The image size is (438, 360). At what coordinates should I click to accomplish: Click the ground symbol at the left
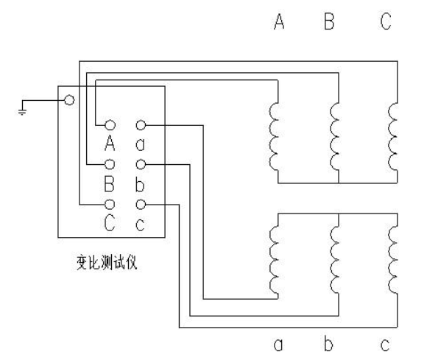(22, 112)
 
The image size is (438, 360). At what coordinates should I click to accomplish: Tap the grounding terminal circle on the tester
(69, 100)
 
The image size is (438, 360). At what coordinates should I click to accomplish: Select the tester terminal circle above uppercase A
(110, 125)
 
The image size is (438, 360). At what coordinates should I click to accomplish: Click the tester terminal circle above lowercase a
(141, 125)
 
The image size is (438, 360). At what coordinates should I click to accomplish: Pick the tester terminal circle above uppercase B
(110, 164)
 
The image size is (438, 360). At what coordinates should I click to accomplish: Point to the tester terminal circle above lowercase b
(141, 164)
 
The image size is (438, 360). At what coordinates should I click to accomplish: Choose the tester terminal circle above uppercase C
(110, 205)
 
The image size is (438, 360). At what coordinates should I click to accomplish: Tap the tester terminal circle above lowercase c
(141, 205)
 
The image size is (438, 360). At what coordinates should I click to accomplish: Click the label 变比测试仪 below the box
(107, 263)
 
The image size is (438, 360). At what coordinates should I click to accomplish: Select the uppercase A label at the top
(279, 21)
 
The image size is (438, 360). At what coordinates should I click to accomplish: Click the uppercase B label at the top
(329, 21)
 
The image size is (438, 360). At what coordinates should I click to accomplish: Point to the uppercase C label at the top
(386, 21)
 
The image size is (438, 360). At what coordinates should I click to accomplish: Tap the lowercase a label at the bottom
(278, 345)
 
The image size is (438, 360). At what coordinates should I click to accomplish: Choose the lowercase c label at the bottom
(385, 345)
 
